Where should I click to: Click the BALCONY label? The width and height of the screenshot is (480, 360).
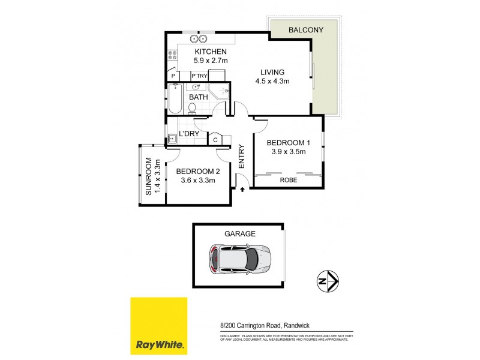(x=305, y=29)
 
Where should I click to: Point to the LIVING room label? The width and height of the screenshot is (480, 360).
(x=272, y=72)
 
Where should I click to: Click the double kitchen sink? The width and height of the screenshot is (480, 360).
(x=199, y=40)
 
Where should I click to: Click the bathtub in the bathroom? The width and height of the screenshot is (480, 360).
(x=175, y=100)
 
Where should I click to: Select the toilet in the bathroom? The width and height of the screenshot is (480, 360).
(x=192, y=108)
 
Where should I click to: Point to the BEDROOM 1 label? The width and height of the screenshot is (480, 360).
(x=289, y=143)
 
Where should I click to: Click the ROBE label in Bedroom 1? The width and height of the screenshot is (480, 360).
(x=289, y=179)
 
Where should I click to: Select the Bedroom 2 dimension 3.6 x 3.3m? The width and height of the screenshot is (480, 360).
(x=197, y=180)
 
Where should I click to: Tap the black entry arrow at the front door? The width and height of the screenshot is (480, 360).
(x=242, y=190)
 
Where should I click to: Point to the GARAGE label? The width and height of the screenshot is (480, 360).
(x=239, y=234)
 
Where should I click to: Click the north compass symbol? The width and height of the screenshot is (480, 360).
(x=328, y=280)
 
